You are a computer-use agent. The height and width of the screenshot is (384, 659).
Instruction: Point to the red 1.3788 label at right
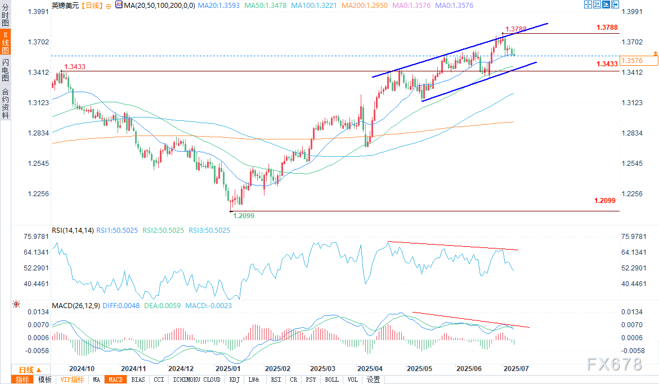point(607,27)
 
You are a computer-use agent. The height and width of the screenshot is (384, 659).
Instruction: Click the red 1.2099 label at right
point(605,201)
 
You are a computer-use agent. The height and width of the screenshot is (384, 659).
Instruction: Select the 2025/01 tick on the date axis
point(228,369)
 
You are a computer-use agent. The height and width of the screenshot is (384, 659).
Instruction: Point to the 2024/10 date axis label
point(81,369)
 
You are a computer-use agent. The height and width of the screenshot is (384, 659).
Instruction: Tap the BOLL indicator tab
point(331,380)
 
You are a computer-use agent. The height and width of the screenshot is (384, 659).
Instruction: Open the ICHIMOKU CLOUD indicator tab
point(197,380)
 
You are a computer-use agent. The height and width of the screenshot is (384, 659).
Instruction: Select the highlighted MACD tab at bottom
point(116,380)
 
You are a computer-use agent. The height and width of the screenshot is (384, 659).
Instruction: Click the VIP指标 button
point(71,380)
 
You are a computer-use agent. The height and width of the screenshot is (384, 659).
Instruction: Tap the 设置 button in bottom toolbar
point(373,380)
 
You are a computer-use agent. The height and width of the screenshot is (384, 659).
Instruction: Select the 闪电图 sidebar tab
point(5,70)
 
